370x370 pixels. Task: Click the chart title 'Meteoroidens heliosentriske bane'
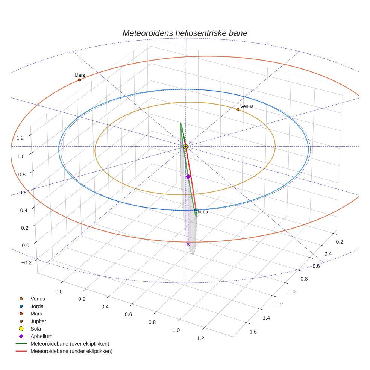pyautogui.click(x=185, y=33)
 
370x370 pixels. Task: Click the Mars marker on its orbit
pyautogui.click(x=79, y=80)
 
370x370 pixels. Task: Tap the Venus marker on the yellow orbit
pyautogui.click(x=238, y=109)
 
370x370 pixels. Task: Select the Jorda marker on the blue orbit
pyautogui.click(x=196, y=210)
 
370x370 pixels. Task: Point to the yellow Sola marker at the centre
pyautogui.click(x=185, y=146)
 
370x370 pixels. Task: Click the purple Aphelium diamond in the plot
pyautogui.click(x=188, y=176)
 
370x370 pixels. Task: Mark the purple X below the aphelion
pyautogui.click(x=188, y=244)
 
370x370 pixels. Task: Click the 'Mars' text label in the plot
pyautogui.click(x=80, y=75)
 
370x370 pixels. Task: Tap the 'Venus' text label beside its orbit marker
pyautogui.click(x=247, y=106)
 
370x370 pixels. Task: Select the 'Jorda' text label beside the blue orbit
pyautogui.click(x=202, y=212)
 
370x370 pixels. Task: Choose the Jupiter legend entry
pyautogui.click(x=38, y=321)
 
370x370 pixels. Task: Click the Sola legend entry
pyautogui.click(x=36, y=329)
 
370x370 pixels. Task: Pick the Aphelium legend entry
pyautogui.click(x=41, y=336)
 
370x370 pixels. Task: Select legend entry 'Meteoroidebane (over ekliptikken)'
pyautogui.click(x=70, y=344)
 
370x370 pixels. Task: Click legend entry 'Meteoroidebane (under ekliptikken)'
pyautogui.click(x=71, y=351)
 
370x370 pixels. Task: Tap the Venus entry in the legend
pyautogui.click(x=38, y=299)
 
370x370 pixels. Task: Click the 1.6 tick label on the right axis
pyautogui.click(x=253, y=331)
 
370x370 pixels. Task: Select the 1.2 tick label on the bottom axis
pyautogui.click(x=200, y=338)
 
